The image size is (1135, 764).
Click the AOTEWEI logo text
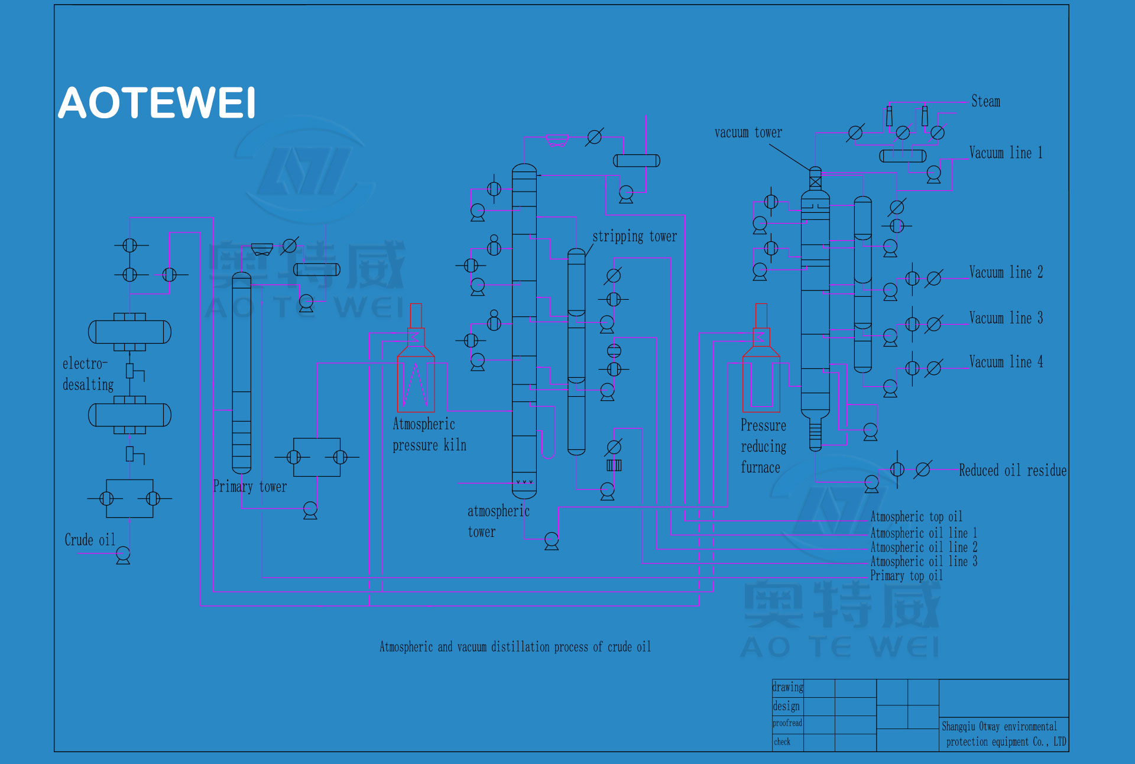coord(157,103)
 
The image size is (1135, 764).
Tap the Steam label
coord(986,101)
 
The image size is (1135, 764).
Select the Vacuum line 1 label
coord(1006,153)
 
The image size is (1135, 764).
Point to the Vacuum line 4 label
coord(1006,361)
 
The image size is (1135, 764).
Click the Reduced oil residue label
coord(1013,470)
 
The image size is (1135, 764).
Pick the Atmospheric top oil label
coord(916,517)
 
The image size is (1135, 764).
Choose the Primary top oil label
coord(906,575)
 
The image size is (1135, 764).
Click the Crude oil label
coord(90,539)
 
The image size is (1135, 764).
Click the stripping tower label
coord(634,236)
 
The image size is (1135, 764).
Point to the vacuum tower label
coord(748,132)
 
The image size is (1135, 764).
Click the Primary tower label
coord(249,486)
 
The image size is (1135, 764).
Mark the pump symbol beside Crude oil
coord(123,555)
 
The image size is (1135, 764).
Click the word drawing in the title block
coord(788,687)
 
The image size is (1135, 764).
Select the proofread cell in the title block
coord(787,723)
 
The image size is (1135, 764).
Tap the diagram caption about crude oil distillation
coord(515,647)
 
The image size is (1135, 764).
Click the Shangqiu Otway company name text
coord(1004,734)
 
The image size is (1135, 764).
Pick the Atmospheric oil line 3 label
coord(923,561)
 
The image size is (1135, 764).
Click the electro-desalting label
coord(88,374)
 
